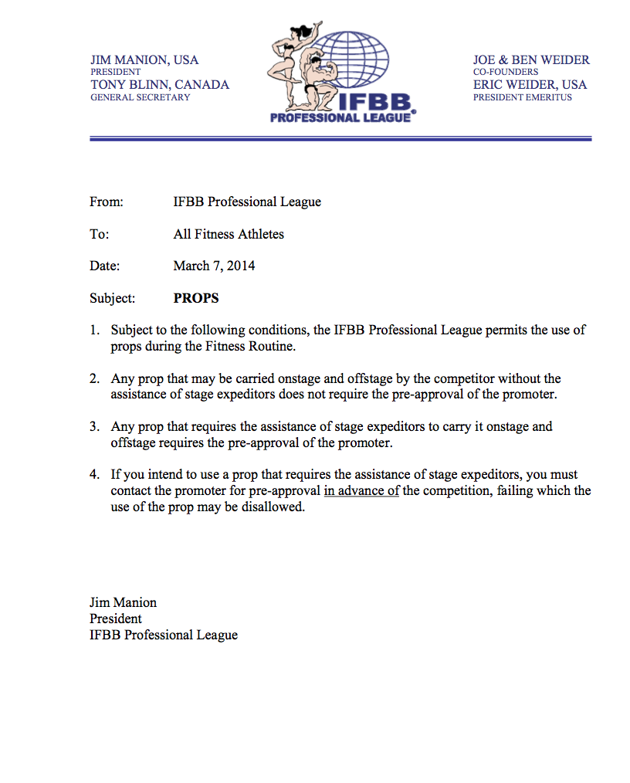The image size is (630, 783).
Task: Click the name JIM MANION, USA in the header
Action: point(144,59)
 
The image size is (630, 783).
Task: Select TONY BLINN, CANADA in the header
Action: point(160,85)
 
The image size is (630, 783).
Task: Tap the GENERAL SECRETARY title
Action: point(140,97)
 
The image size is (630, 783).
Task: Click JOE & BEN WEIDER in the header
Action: point(531,59)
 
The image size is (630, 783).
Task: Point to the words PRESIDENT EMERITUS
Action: point(523,97)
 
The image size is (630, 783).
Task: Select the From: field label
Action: point(107,202)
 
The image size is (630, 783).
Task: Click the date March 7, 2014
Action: point(214,266)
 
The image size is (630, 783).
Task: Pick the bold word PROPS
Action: point(196,298)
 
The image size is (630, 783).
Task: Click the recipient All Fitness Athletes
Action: point(229,234)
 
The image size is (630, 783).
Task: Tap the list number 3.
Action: point(94,426)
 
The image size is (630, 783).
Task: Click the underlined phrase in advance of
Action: point(361,490)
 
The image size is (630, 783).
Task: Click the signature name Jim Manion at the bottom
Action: point(123,602)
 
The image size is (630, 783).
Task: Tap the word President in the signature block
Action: point(116,619)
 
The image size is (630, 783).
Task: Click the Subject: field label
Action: point(113,298)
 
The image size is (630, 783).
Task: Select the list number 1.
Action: point(94,330)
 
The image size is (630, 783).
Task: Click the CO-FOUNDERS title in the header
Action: point(506,72)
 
